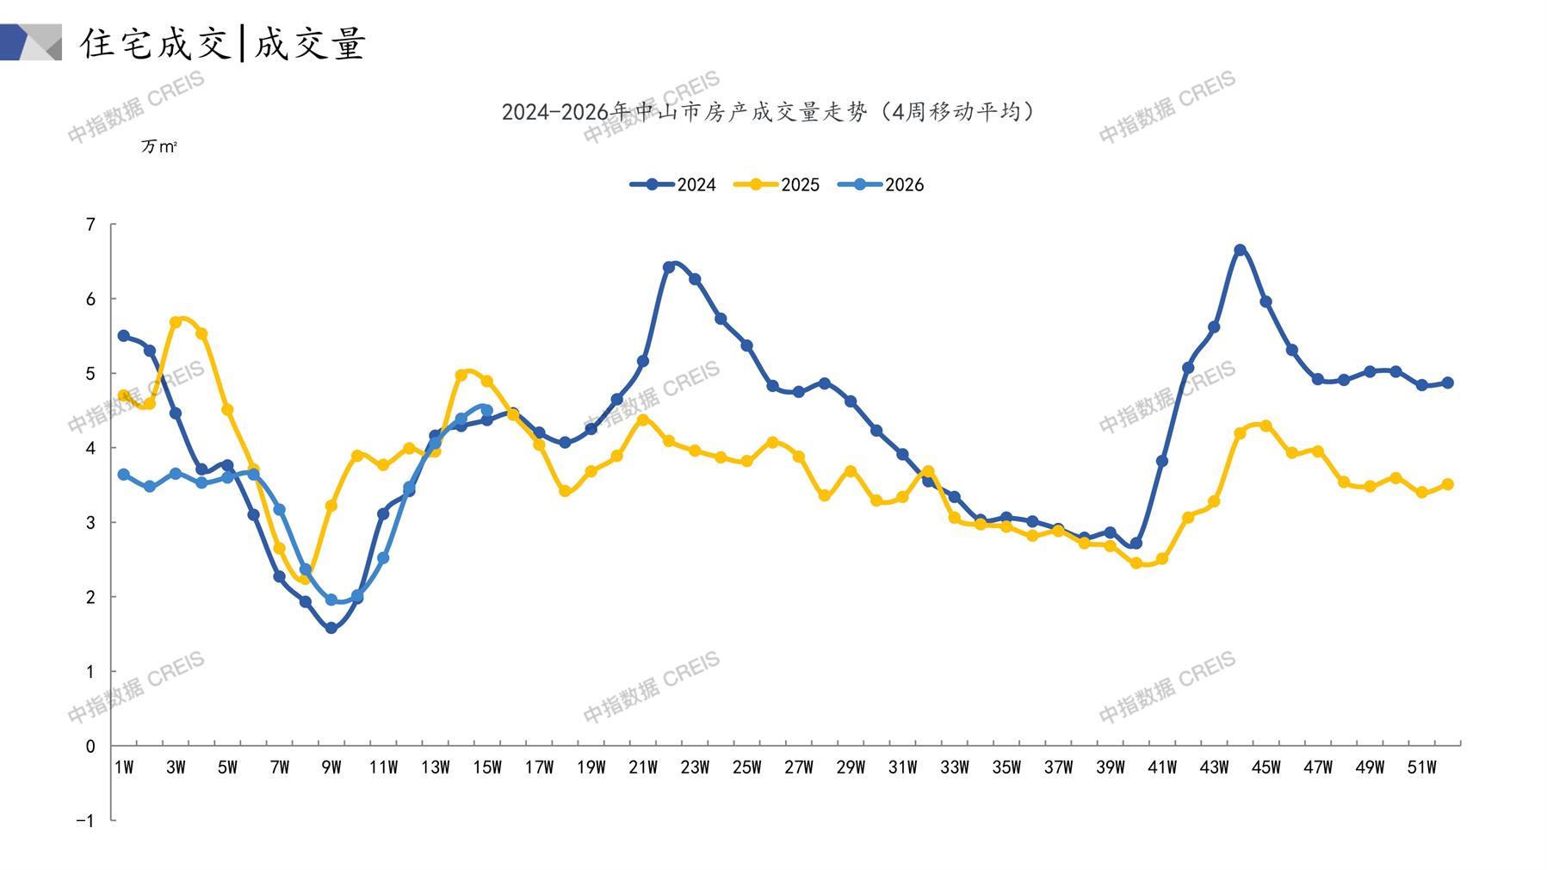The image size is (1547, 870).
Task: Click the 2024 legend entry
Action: (x=673, y=184)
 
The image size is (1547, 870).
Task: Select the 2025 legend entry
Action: (x=777, y=184)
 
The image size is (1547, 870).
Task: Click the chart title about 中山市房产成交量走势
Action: (x=768, y=112)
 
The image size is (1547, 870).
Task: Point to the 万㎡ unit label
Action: (x=158, y=146)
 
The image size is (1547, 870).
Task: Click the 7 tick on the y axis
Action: (x=90, y=225)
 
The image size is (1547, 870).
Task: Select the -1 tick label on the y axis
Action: (x=85, y=821)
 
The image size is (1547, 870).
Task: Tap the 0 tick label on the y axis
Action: (x=90, y=746)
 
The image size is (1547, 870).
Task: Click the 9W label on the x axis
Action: (x=331, y=767)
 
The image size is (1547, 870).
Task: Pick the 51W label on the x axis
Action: (x=1421, y=767)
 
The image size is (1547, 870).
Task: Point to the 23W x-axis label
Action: (x=695, y=767)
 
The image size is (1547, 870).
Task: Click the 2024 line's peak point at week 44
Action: (x=1240, y=250)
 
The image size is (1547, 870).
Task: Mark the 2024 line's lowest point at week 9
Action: (x=331, y=628)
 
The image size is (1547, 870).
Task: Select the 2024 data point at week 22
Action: (x=669, y=267)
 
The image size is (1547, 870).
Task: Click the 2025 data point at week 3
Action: (x=176, y=322)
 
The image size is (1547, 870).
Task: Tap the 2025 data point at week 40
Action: (x=1135, y=563)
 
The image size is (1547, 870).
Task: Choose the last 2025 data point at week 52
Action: (x=1447, y=484)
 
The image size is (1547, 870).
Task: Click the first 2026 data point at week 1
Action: (x=124, y=475)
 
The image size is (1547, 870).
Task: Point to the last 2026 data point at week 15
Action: (x=486, y=410)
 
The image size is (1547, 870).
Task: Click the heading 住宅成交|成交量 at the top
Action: (x=224, y=43)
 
